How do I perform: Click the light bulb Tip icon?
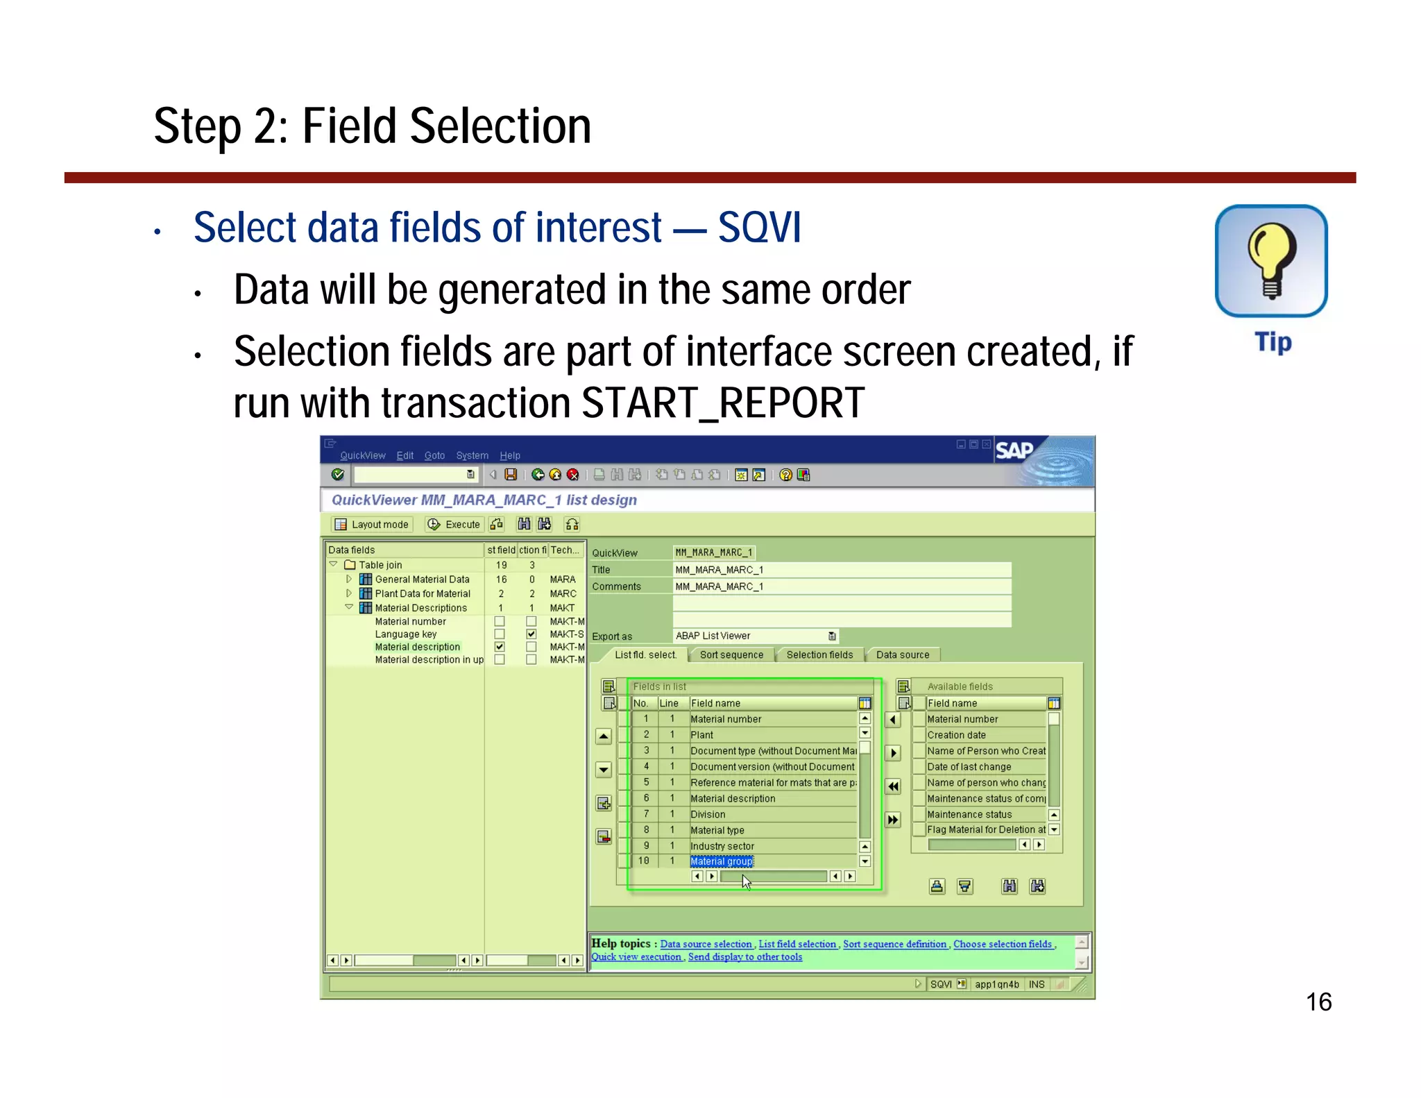[x=1271, y=262]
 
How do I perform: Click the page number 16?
[x=1318, y=1002]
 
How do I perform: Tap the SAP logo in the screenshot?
[x=1014, y=451]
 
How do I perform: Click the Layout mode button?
[x=373, y=525]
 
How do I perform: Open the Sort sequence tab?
[x=731, y=654]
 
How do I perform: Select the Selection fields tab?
[x=819, y=654]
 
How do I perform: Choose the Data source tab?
[x=902, y=654]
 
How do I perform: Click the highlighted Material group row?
[x=722, y=861]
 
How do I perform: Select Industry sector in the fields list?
[x=722, y=846]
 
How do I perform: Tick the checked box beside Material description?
[x=500, y=647]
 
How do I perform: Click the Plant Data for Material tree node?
[x=422, y=593]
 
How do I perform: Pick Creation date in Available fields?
[x=956, y=735]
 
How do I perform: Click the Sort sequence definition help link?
[x=894, y=944]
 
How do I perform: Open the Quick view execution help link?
[x=636, y=956]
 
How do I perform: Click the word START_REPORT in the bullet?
[x=722, y=403]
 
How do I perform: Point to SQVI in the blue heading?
[x=759, y=228]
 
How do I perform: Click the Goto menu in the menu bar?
[x=434, y=455]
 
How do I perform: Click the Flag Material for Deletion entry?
[x=986, y=829]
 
